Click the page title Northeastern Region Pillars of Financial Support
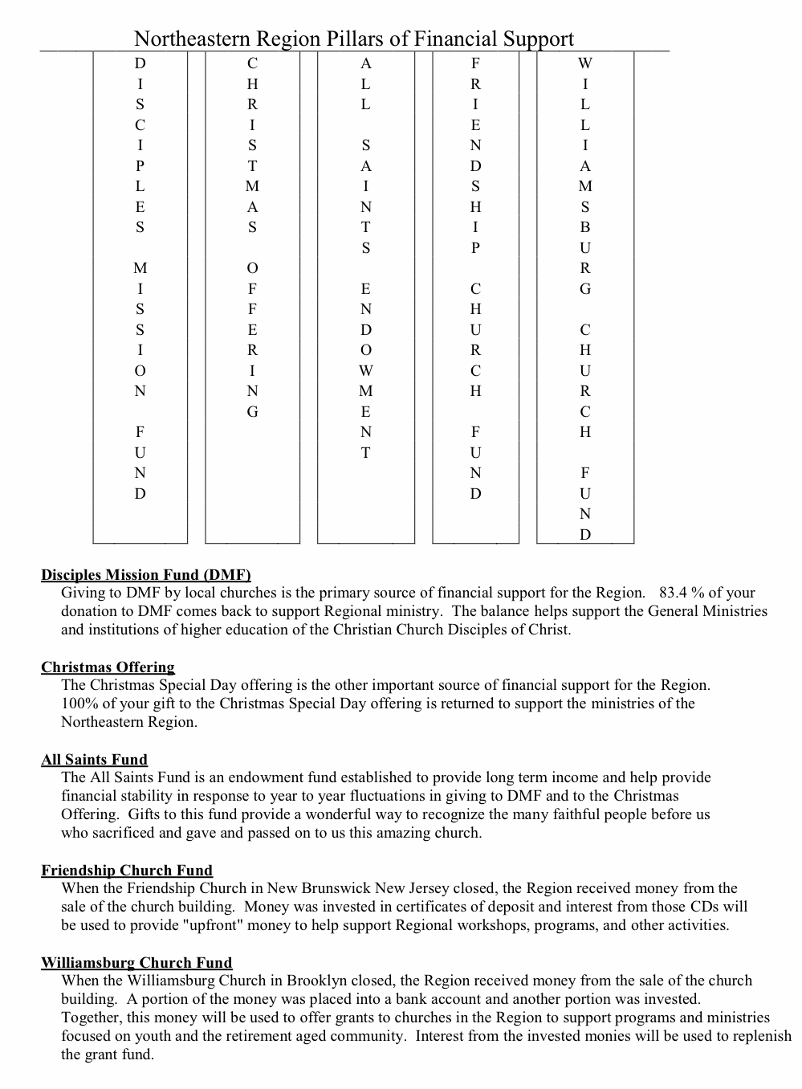pyautogui.click(x=353, y=39)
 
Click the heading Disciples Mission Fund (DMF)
pyautogui.click(x=146, y=575)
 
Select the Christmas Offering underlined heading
pyautogui.click(x=108, y=667)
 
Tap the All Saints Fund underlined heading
pyautogui.click(x=94, y=760)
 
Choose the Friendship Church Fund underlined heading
pyautogui.click(x=127, y=871)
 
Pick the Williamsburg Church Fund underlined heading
pyautogui.click(x=136, y=963)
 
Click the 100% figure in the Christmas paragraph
pyautogui.click(x=79, y=704)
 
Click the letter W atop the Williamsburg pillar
pyautogui.click(x=585, y=63)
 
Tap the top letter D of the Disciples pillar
pyautogui.click(x=140, y=63)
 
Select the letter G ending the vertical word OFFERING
pyautogui.click(x=253, y=412)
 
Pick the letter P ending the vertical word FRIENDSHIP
pyautogui.click(x=475, y=248)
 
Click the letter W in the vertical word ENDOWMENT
pyautogui.click(x=366, y=371)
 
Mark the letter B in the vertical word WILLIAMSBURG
pyautogui.click(x=585, y=227)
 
